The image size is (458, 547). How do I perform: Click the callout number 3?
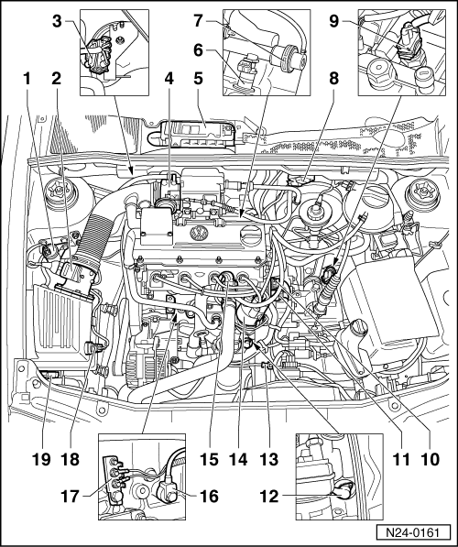click(x=57, y=22)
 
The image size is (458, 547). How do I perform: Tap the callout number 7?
click(x=198, y=21)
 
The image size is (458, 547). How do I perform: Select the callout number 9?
click(x=333, y=21)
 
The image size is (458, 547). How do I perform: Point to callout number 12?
click(x=269, y=496)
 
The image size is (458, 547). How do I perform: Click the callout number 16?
click(x=209, y=496)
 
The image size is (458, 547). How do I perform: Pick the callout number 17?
click(x=71, y=496)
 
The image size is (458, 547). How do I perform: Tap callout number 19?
click(x=41, y=459)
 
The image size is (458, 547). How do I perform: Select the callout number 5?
click(x=198, y=79)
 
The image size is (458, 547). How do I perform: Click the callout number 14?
click(x=238, y=459)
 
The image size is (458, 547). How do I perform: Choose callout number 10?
click(x=431, y=459)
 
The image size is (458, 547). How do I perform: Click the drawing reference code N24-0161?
click(x=413, y=533)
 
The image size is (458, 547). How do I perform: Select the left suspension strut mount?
click(x=60, y=191)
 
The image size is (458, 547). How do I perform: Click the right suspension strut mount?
click(x=422, y=191)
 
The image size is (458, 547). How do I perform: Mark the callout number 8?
click(x=333, y=79)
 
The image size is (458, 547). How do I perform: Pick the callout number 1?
click(x=27, y=79)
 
